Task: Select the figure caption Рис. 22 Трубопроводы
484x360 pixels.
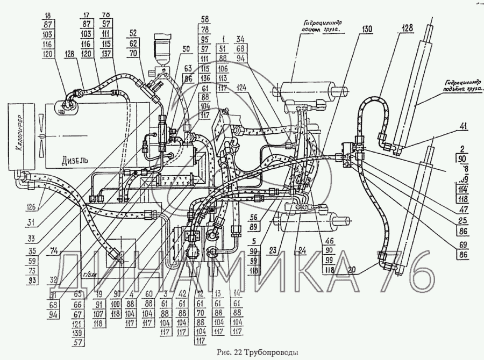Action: [257, 352]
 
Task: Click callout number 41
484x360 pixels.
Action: [464, 127]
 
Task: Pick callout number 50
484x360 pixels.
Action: [186, 49]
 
